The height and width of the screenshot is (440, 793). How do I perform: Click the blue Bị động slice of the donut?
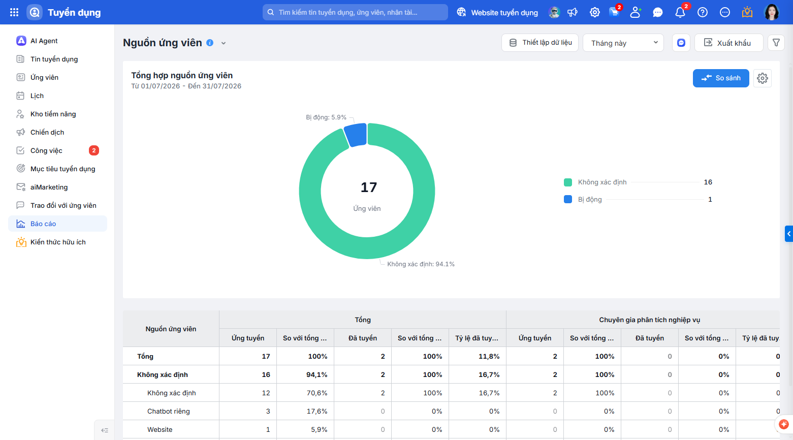(x=356, y=135)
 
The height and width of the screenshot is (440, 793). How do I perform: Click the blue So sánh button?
(x=721, y=78)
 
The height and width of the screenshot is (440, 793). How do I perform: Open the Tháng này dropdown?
(x=623, y=43)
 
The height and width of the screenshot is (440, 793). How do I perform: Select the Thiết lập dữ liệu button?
(x=540, y=43)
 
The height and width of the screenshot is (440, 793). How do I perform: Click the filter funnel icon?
(x=776, y=43)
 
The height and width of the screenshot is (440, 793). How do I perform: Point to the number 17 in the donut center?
(x=368, y=187)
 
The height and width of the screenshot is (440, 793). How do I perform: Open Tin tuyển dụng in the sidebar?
(x=54, y=59)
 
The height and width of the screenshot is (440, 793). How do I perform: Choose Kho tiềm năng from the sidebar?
(x=53, y=114)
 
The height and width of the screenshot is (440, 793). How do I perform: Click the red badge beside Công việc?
(x=94, y=150)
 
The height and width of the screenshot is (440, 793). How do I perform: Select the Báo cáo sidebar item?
(x=58, y=224)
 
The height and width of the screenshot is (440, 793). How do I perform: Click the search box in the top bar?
(x=355, y=12)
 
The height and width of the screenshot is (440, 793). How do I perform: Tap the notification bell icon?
(x=680, y=12)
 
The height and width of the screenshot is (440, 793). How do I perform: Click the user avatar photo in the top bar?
(x=772, y=12)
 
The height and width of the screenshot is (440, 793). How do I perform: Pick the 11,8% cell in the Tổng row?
(x=489, y=357)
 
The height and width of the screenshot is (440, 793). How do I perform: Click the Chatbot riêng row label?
(x=169, y=412)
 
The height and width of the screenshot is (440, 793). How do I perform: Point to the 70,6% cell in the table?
(x=317, y=393)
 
